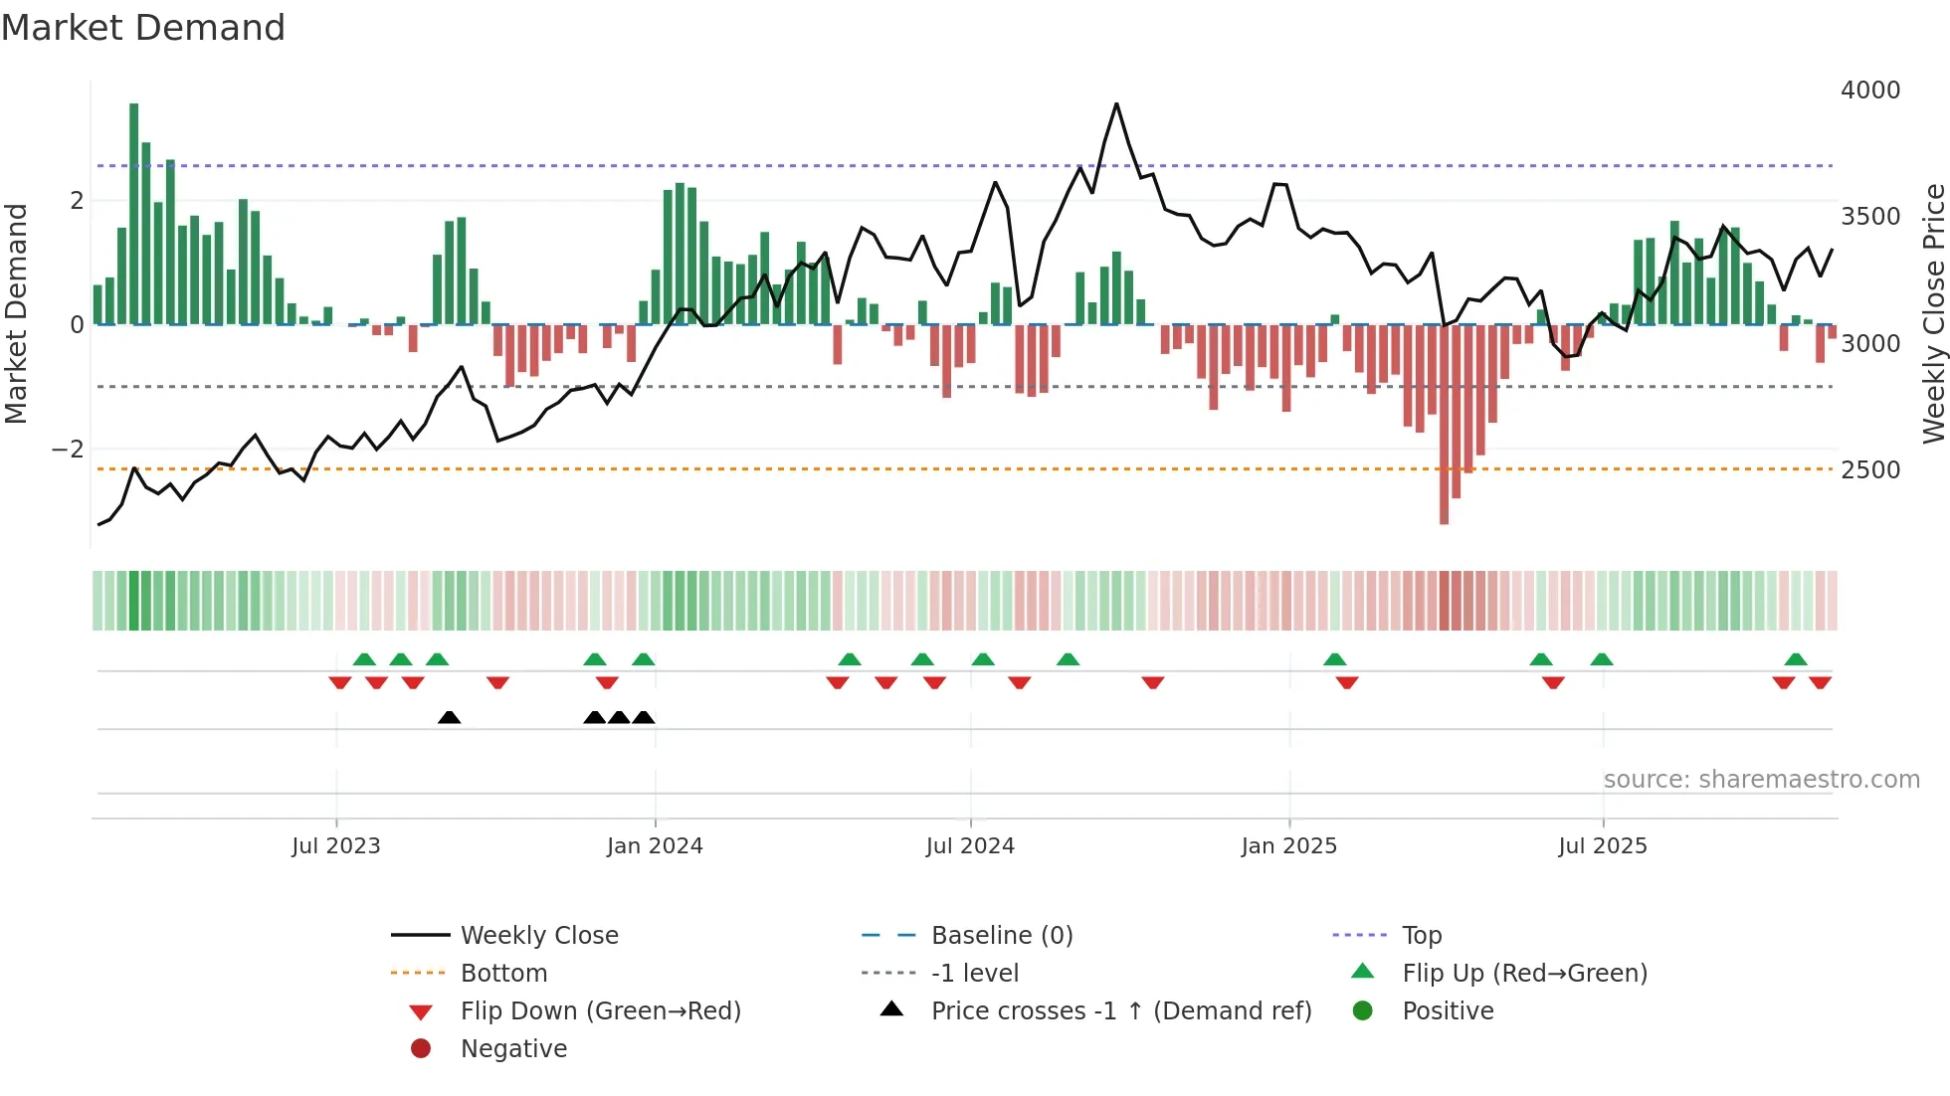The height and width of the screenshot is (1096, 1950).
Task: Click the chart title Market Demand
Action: pos(143,28)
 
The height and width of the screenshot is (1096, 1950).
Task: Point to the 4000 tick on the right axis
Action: pos(1869,91)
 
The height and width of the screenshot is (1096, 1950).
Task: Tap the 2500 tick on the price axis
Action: pos(1869,470)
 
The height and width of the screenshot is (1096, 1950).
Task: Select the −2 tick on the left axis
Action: pos(68,450)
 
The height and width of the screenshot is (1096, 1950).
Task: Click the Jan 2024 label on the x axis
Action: pos(655,846)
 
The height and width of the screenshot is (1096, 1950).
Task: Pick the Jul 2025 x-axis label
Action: pos(1602,846)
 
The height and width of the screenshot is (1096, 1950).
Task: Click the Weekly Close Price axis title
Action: pos(1933,313)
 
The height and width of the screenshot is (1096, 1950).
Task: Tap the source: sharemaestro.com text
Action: pos(1761,780)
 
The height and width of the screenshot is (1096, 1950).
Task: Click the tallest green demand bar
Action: pos(134,214)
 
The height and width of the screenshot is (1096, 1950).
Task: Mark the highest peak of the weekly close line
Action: pos(1116,104)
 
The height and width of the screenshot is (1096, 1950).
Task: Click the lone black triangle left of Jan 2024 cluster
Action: pos(449,717)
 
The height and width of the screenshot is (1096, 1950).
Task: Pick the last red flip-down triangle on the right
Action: pos(1820,682)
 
